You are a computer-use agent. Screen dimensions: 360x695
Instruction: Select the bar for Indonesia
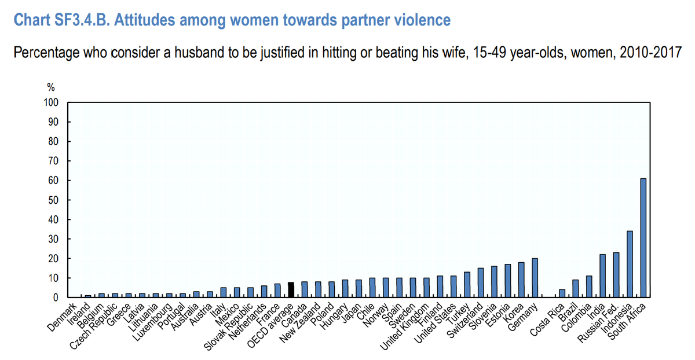pyautogui.click(x=630, y=264)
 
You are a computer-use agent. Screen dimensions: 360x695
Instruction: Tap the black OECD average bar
pyautogui.click(x=291, y=289)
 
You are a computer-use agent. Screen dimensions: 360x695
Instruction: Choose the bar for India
pyautogui.click(x=602, y=275)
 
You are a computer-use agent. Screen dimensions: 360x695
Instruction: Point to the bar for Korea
pyautogui.click(x=521, y=280)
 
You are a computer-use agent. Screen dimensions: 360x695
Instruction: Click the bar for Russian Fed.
pyautogui.click(x=616, y=275)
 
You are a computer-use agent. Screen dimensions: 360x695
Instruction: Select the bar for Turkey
pyautogui.click(x=467, y=284)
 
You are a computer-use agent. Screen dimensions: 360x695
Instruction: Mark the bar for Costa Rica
pyautogui.click(x=561, y=293)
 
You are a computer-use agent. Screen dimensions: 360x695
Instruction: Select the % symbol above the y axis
pyautogui.click(x=50, y=87)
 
